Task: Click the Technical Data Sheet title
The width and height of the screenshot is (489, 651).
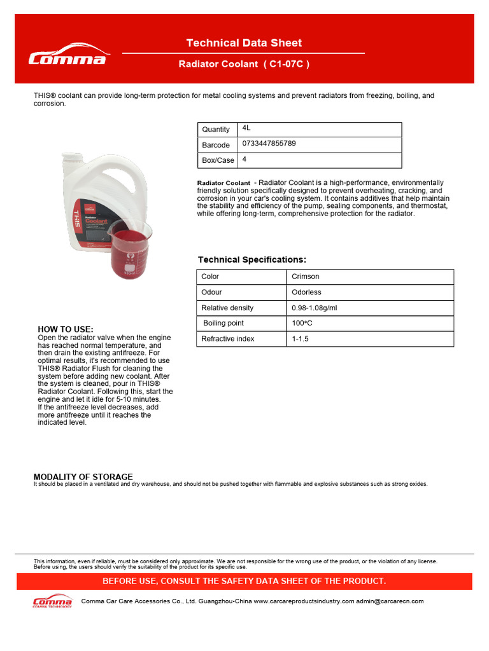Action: (244, 43)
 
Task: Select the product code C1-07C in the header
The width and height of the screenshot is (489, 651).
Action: (289, 64)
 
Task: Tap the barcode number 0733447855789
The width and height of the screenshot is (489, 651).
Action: (269, 144)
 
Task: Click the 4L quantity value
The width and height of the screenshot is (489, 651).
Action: (247, 128)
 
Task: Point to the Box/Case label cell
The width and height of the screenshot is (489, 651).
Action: (218, 160)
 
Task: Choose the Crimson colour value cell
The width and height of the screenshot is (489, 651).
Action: (306, 277)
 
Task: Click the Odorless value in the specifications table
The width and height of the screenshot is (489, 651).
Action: (306, 292)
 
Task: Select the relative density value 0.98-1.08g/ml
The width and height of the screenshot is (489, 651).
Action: (315, 308)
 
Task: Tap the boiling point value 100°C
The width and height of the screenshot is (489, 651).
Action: (302, 323)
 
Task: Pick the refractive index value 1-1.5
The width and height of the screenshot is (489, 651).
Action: (300, 339)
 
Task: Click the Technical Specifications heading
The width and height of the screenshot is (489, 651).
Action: (252, 260)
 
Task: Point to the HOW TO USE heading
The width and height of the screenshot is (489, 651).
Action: (66, 329)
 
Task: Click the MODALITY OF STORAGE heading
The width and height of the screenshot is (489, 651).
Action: (83, 477)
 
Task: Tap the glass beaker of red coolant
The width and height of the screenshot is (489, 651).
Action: (129, 250)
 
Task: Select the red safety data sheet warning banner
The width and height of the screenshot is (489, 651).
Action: (244, 581)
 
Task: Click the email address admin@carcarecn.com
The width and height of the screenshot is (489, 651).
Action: (390, 601)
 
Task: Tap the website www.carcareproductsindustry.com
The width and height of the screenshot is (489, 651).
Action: (304, 601)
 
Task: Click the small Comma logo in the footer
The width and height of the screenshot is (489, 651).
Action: (52, 601)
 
